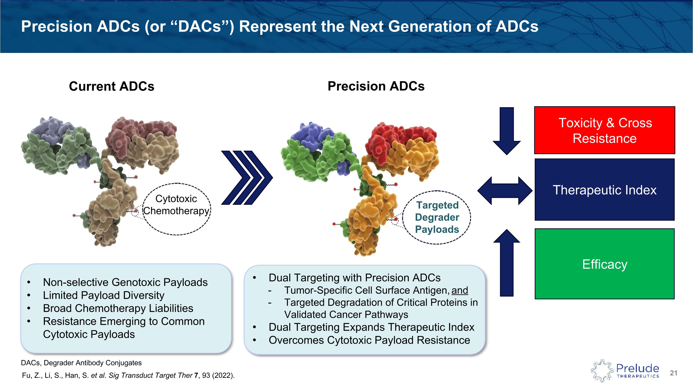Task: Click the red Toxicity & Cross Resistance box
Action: point(604,130)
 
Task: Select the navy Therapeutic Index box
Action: point(604,190)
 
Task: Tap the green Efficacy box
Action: point(604,264)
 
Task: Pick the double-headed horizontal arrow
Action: point(505,190)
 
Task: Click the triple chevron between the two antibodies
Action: point(247,178)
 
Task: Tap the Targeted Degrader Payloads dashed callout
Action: point(437,217)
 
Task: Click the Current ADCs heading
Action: point(111,86)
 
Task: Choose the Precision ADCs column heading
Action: point(376,86)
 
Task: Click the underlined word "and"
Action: point(460,290)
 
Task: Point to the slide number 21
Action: point(673,373)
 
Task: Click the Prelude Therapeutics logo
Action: point(625,371)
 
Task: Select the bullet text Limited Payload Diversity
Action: point(103,295)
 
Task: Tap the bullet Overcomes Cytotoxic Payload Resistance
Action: point(369,340)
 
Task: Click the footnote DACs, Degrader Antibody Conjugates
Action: point(81,363)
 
